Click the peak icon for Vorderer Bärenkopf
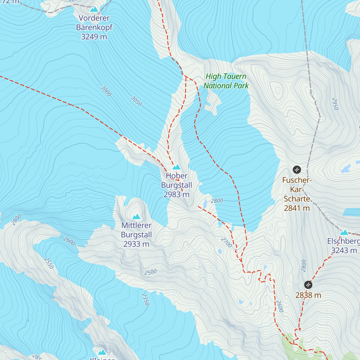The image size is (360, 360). (94, 9)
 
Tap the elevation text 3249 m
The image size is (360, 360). (94, 37)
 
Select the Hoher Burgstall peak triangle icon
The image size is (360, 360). (176, 167)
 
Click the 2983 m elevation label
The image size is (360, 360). (176, 194)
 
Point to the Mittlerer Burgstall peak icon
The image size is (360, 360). (136, 216)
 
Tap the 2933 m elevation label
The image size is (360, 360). (136, 244)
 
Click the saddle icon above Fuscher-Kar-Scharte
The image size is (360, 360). (297, 170)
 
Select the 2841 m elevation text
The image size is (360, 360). (297, 208)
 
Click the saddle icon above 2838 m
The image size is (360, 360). (308, 285)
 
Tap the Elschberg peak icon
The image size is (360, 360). (344, 232)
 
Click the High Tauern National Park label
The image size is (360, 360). (226, 81)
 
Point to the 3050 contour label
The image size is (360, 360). (136, 101)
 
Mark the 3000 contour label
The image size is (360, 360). (106, 91)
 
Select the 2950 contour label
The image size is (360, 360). (335, 104)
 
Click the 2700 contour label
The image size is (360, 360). (226, 242)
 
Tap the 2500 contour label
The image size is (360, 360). (150, 272)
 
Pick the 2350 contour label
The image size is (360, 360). (145, 299)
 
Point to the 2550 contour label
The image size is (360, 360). (49, 263)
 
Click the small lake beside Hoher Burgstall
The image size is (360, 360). (205, 204)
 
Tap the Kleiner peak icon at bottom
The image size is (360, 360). (102, 352)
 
